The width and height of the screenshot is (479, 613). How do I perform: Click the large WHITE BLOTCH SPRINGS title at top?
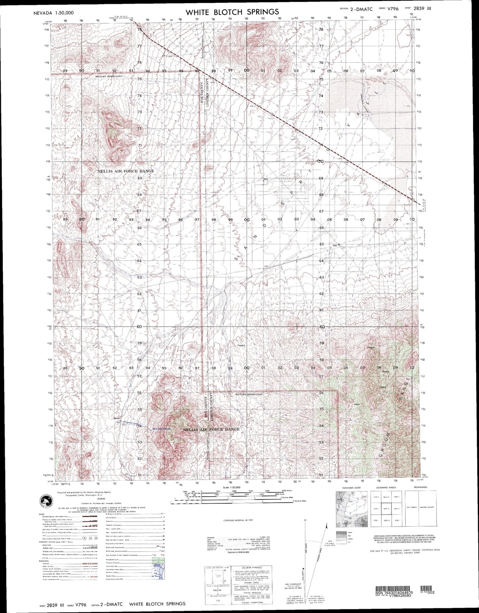tap(232, 12)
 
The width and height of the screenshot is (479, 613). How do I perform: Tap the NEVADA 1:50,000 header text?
tap(54, 13)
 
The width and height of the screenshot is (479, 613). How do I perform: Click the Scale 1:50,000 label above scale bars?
tap(232, 487)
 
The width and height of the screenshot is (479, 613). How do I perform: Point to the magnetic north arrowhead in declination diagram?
tap(327, 526)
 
